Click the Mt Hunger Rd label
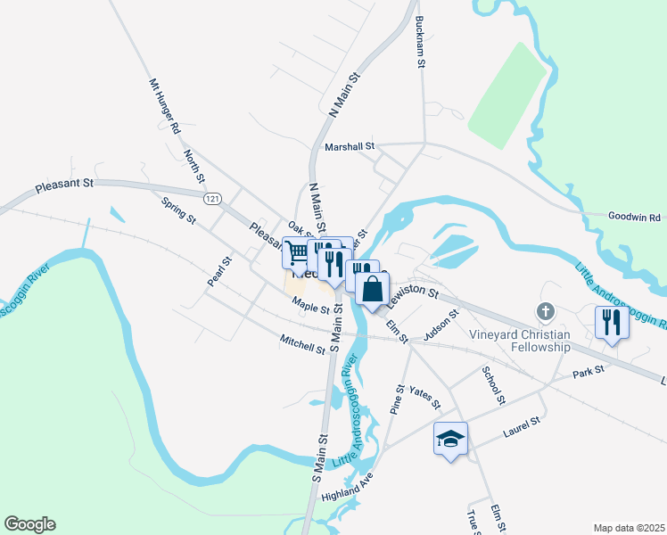tap(164, 104)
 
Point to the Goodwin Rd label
tap(634, 217)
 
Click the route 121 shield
tap(211, 197)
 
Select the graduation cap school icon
tap(450, 438)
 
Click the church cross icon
tap(545, 312)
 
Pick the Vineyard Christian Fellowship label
tap(520, 341)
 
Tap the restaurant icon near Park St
tap(612, 321)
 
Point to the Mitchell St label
tap(302, 345)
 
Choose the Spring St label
tap(177, 211)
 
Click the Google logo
tap(29, 524)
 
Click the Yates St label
tap(424, 398)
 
